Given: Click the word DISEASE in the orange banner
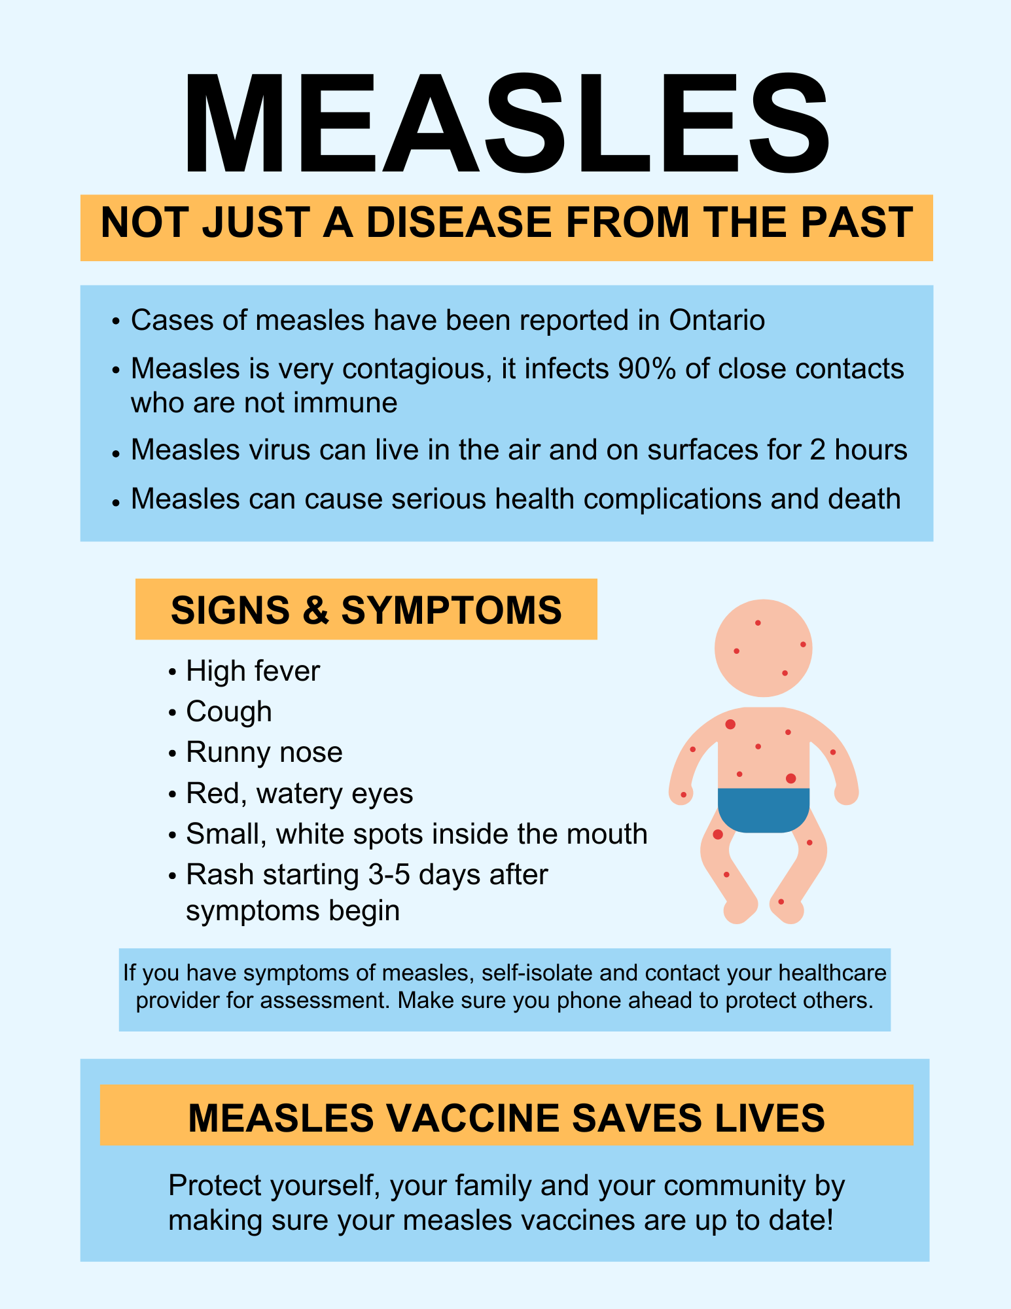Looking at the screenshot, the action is [459, 223].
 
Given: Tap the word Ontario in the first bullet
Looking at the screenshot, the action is [717, 321].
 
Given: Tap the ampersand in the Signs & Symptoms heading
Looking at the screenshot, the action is [315, 610].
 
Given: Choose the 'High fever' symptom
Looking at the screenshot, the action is [253, 672].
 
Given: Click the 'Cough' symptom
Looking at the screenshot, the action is [229, 712].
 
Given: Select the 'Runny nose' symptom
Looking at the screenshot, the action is [264, 753].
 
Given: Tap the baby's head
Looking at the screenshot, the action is [764, 648].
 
